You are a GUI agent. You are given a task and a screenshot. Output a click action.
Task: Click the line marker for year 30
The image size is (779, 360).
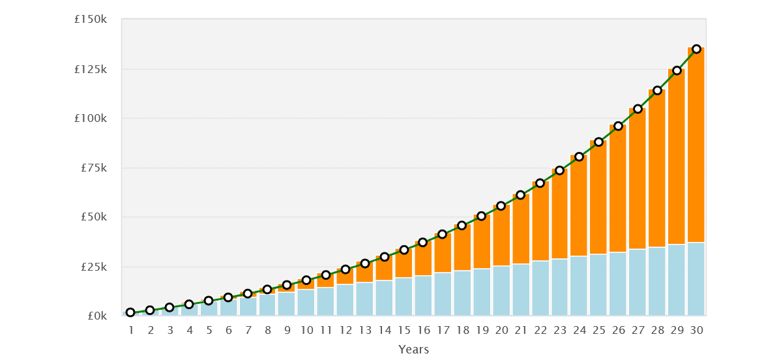pos(696,49)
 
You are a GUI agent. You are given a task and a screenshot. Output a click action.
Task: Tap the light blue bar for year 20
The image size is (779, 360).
pos(501,291)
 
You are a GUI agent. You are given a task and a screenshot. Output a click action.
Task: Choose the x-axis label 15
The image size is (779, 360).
pos(404,331)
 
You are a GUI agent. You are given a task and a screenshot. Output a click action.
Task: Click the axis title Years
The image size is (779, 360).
pos(414,350)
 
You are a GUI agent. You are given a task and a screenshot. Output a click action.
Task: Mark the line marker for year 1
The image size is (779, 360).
pos(130,312)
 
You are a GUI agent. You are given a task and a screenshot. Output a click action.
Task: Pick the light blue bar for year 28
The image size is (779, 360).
pos(657,281)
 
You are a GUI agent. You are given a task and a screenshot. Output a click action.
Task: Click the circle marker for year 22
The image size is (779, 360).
pos(540,183)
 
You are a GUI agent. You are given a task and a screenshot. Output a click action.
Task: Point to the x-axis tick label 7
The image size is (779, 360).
pos(248,331)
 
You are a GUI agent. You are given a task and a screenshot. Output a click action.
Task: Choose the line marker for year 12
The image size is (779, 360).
pos(345,269)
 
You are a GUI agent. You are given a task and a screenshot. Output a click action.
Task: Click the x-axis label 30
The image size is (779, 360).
pos(696,331)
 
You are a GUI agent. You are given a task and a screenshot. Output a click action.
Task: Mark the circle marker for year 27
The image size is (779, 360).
pos(638,109)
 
